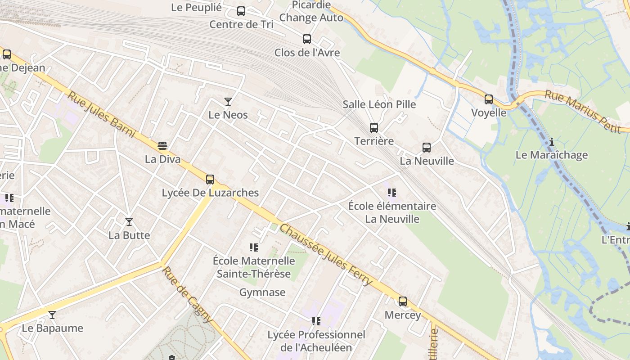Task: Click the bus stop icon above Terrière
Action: (x=373, y=128)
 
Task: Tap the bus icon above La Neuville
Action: (x=427, y=148)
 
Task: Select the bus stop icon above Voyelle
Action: (x=489, y=99)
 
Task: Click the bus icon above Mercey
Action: (x=403, y=301)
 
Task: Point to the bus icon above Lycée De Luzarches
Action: (x=210, y=180)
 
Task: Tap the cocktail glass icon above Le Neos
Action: (x=228, y=102)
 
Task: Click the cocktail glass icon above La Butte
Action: (x=129, y=222)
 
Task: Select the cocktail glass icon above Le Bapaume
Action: (x=52, y=315)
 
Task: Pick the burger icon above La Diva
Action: (x=162, y=146)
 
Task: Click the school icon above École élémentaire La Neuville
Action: (x=392, y=193)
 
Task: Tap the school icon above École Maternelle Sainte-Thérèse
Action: (x=254, y=247)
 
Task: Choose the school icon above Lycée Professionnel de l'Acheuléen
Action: (x=316, y=321)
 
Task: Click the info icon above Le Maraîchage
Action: (x=552, y=142)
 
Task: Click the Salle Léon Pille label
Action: (x=379, y=104)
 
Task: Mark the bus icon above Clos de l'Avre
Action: (x=307, y=39)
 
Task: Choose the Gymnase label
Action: (x=262, y=292)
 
